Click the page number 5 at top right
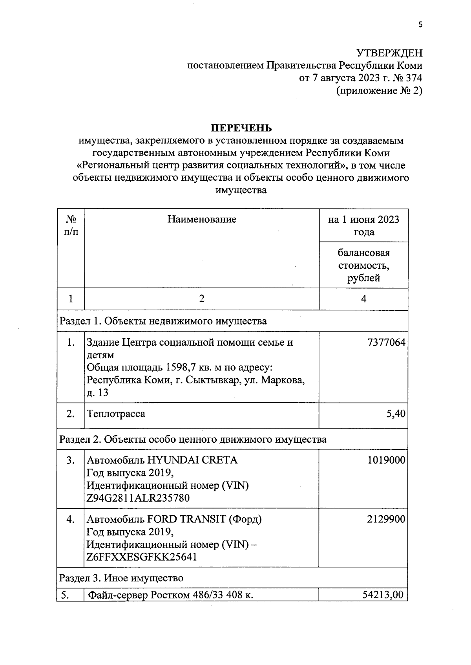coord(420,25)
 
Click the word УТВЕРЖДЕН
coord(389,53)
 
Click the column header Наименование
coord(202,219)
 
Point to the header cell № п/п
coord(71,225)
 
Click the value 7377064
coord(386,343)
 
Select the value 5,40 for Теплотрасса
coord(395,414)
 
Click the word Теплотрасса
coord(116,414)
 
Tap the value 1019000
coord(386,460)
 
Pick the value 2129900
coord(386,519)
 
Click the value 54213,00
coord(382,595)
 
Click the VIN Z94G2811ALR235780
coord(138,498)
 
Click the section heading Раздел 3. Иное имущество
coord(121,578)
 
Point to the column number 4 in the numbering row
coord(363,299)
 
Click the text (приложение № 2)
coord(379,91)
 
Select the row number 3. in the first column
coord(71,460)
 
